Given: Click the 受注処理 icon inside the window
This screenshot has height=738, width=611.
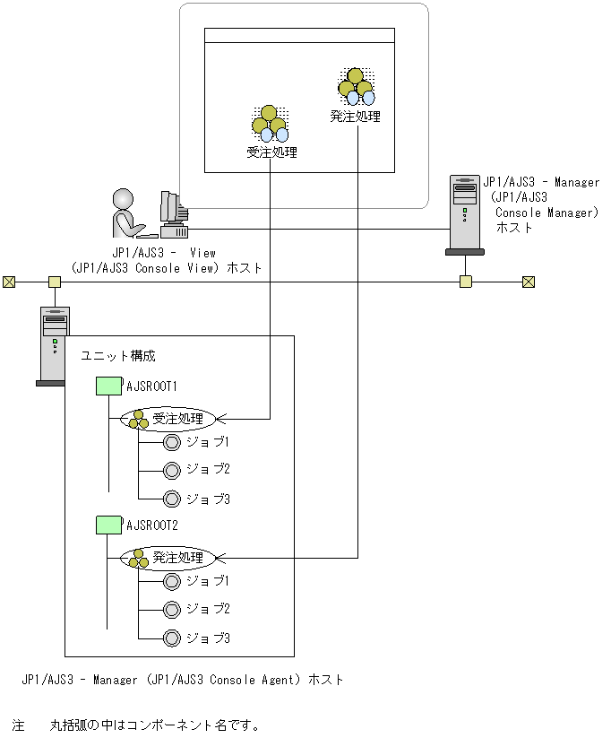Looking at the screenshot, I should click(x=270, y=125).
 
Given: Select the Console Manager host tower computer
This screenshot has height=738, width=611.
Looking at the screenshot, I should click(x=465, y=215).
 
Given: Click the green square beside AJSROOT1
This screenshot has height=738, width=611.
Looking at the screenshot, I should click(x=108, y=386).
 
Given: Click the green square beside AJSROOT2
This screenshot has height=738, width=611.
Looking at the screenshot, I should click(x=108, y=525).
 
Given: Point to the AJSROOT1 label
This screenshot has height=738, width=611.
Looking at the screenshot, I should click(x=151, y=386).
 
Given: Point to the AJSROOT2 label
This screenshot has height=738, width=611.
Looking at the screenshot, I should click(x=151, y=525).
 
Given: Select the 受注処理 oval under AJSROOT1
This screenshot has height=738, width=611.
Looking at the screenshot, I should click(x=168, y=418).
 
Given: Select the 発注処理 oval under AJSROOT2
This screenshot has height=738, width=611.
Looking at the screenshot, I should click(x=168, y=557).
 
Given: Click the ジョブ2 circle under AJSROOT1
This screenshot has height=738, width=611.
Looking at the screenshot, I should click(x=173, y=470).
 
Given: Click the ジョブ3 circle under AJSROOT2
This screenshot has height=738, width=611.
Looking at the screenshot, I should click(x=173, y=638).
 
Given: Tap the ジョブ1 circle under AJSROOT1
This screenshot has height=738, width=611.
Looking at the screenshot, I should click(x=173, y=442).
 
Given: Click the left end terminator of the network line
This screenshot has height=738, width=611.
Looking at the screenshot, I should click(x=9, y=282).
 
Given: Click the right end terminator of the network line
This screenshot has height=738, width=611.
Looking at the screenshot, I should click(x=529, y=282).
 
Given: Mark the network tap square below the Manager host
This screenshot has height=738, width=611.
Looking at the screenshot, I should click(x=465, y=282).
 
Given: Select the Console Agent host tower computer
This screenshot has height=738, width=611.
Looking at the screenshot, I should click(x=54, y=345).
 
